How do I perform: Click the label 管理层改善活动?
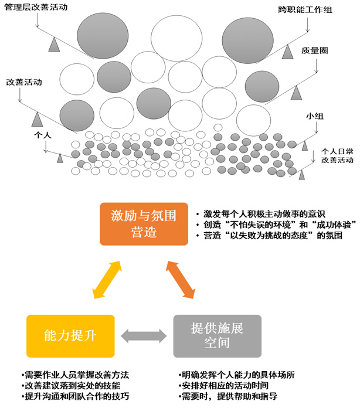pyautogui.click(x=36, y=7)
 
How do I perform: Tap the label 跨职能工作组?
pyautogui.click(x=305, y=10)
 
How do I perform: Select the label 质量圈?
pyautogui.click(x=315, y=50)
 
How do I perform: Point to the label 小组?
pyautogui.click(x=315, y=116)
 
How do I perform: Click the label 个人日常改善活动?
pyautogui.click(x=337, y=155)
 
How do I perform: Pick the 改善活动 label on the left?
pyautogui.click(x=24, y=82)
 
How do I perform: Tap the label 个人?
pyautogui.click(x=43, y=135)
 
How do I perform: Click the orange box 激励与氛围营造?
pyautogui.click(x=144, y=224)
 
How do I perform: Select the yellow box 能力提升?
pyautogui.click(x=70, y=336)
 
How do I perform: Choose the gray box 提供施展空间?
pyautogui.click(x=218, y=336)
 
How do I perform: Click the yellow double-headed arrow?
pyautogui.click(x=107, y=280)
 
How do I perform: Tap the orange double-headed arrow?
pyautogui.click(x=181, y=280)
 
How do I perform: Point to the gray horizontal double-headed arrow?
pyautogui.click(x=144, y=336)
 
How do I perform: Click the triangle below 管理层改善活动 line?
pyautogui.click(x=54, y=45)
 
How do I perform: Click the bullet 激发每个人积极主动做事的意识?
pyautogui.click(x=261, y=214)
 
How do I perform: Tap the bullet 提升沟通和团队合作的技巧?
pyautogui.click(x=76, y=396)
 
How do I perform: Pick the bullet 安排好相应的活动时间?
pyautogui.click(x=223, y=385)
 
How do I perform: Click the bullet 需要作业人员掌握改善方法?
pyautogui.click(x=76, y=375)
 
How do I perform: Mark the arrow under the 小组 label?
pyautogui.click(x=317, y=128)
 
